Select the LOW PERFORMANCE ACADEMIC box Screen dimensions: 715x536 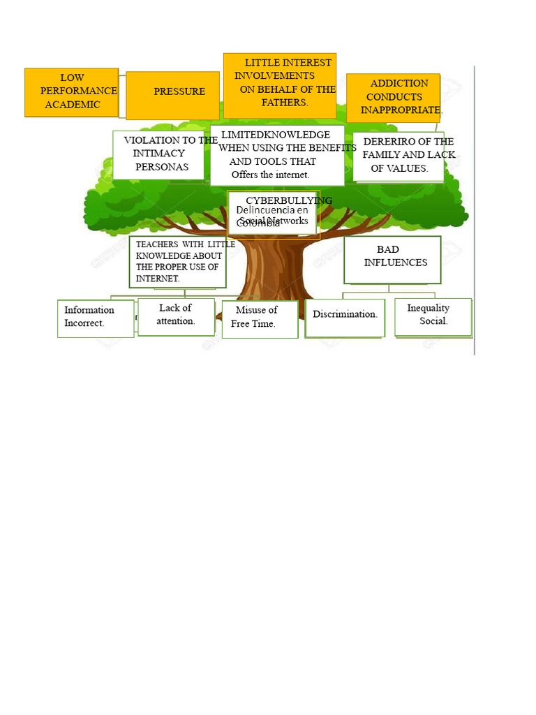pyautogui.click(x=71, y=91)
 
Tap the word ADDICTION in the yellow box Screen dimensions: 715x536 pyautogui.click(x=399, y=83)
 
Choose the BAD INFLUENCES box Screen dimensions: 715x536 pyautogui.click(x=392, y=259)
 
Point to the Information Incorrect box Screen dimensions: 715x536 pyautogui.click(x=95, y=318)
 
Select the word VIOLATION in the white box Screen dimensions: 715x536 pyautogui.click(x=150, y=140)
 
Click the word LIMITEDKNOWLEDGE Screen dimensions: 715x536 pyautogui.click(x=276, y=134)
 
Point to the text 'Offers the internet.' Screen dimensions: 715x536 pyautogui.click(x=270, y=175)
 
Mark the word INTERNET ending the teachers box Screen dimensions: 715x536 pyautogui.click(x=157, y=278)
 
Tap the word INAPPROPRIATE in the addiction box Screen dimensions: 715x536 pyautogui.click(x=401, y=110)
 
